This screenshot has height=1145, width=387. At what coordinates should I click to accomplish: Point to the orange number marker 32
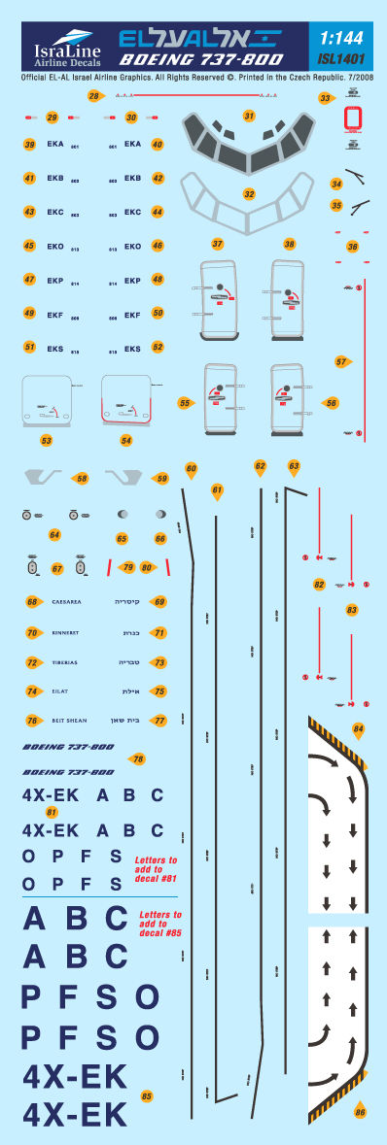[249, 194]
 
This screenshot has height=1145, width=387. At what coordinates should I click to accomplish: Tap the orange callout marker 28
[93, 95]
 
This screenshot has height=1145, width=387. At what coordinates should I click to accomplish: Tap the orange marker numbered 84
[358, 728]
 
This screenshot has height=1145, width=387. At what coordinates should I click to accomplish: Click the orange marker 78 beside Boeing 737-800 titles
[138, 758]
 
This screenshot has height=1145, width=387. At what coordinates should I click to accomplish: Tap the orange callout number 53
[46, 440]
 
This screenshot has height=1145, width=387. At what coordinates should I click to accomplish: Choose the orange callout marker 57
[341, 361]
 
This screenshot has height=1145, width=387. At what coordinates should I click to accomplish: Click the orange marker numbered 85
[147, 1096]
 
